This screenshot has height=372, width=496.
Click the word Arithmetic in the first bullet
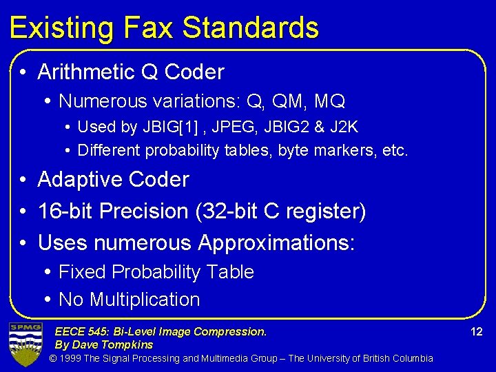coord(86,72)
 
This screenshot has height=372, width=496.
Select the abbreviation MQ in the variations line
coord(329,101)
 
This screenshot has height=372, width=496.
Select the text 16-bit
coord(65,211)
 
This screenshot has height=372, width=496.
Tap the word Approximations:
coord(276,242)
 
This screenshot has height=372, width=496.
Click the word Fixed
coord(82,272)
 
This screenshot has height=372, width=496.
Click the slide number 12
coord(476,332)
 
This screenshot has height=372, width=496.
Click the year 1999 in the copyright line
coord(72,358)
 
